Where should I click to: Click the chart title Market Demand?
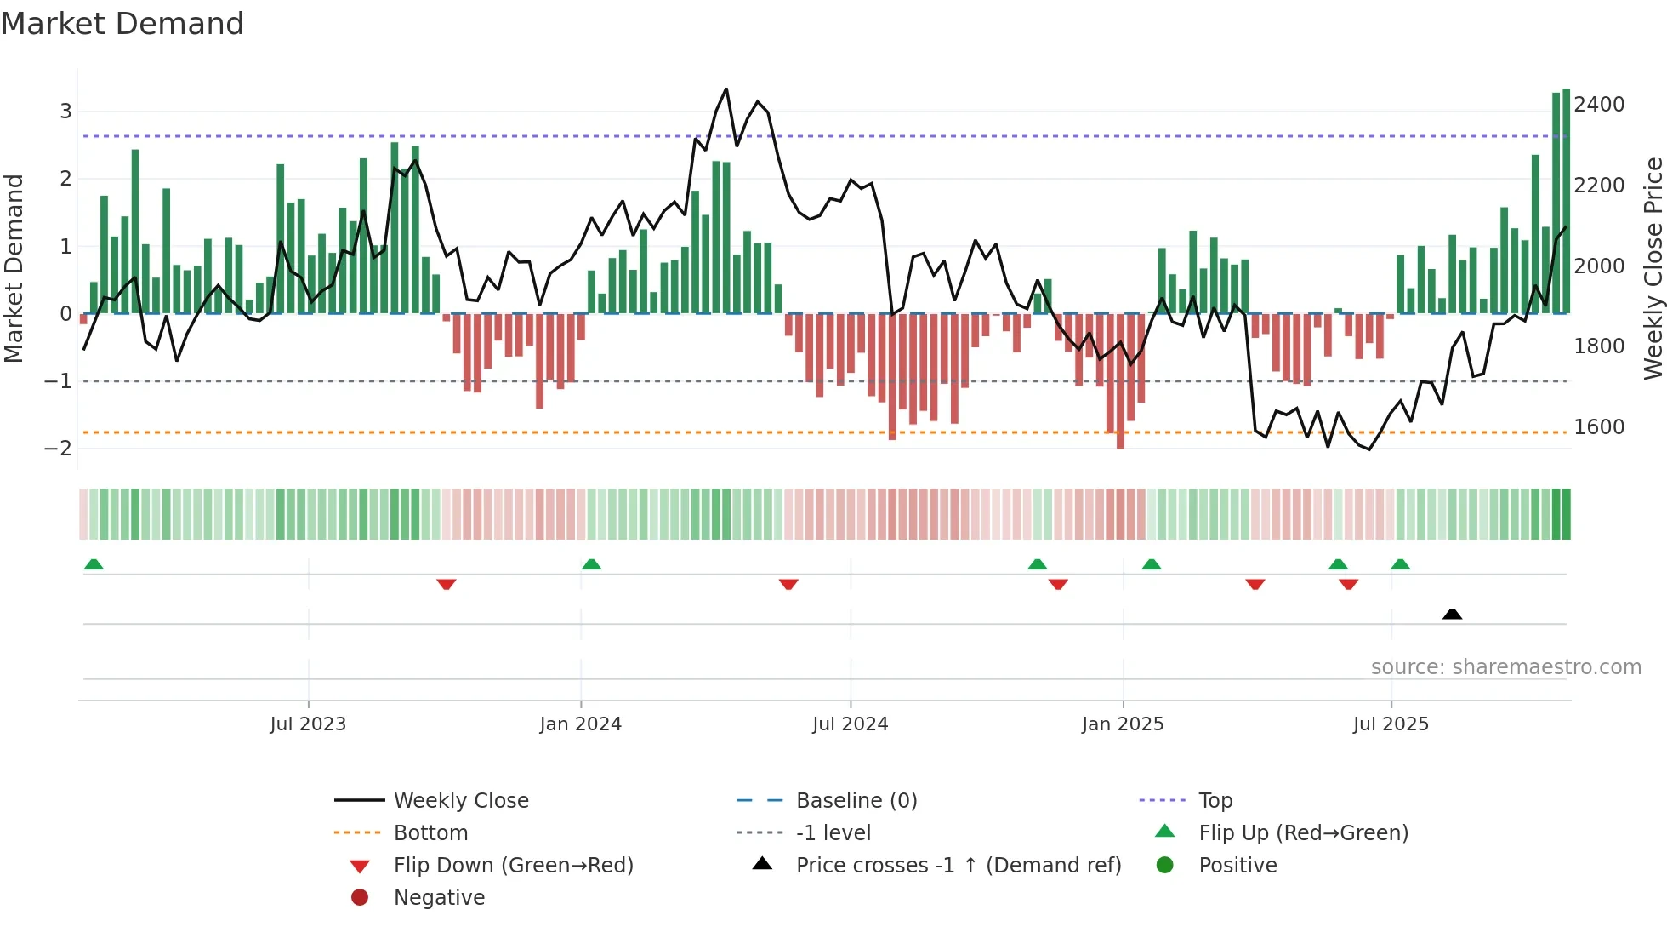pos(122,24)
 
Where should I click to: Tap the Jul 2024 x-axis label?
pos(850,724)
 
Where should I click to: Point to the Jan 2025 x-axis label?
pos(1122,724)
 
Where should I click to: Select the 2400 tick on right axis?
pos(1598,105)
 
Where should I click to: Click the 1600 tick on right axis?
pos(1598,427)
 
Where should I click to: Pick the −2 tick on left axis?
pos(58,449)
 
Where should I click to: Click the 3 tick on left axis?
pos(65,112)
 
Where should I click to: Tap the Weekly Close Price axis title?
pos(1653,268)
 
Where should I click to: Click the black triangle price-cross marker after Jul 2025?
pos(1452,614)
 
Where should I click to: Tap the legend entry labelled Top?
pos(1215,801)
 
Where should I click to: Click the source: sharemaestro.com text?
pos(1505,667)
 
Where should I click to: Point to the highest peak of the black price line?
pos(725,89)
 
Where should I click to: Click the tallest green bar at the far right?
pos(1566,200)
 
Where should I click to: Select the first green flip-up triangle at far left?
pos(94,564)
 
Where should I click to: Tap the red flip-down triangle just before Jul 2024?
pos(788,584)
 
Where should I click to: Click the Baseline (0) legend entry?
pos(856,801)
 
